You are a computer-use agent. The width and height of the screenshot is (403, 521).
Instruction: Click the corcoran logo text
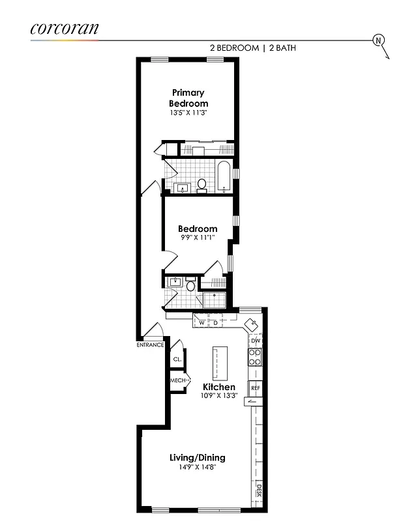click(x=65, y=28)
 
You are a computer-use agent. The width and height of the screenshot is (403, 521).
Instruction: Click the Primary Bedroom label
click(x=188, y=98)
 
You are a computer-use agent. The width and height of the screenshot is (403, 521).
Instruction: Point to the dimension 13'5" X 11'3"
click(x=188, y=113)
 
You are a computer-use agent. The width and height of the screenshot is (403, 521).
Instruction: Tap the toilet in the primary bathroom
click(x=201, y=185)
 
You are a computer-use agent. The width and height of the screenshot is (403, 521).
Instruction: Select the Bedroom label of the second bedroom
click(x=198, y=229)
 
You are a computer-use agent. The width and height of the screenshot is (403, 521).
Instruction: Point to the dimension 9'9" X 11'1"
click(x=198, y=238)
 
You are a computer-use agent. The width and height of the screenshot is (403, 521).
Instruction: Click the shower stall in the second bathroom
click(x=214, y=300)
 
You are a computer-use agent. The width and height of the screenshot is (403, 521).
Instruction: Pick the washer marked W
click(x=201, y=322)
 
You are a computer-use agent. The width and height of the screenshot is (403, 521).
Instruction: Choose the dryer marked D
click(x=215, y=322)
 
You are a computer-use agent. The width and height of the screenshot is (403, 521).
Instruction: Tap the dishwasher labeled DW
click(x=256, y=341)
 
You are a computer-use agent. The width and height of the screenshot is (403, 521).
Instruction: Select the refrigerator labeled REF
click(x=256, y=388)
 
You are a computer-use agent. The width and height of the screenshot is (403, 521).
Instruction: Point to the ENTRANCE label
click(x=150, y=345)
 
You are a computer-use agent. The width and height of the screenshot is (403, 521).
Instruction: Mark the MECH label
click(x=178, y=380)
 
